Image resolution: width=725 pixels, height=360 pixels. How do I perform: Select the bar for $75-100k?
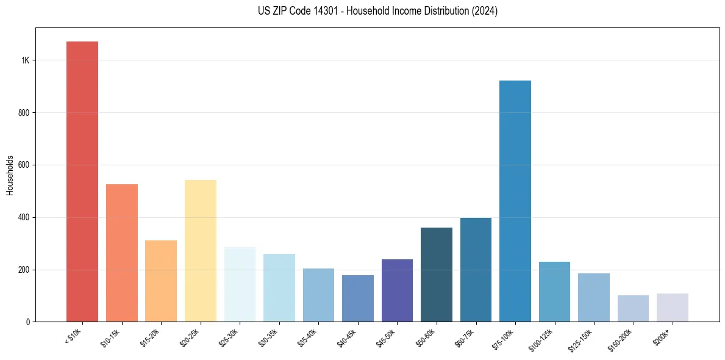tap(515, 201)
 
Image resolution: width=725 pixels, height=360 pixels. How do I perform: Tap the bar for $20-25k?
tap(201, 251)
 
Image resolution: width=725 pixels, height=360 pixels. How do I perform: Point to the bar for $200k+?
tap(673, 308)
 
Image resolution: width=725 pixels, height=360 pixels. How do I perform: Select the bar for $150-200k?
tap(633, 309)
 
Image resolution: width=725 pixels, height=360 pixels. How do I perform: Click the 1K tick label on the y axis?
tap(25, 60)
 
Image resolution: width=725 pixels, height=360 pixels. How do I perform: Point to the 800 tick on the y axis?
tap(24, 113)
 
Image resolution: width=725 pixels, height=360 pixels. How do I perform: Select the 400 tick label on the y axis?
tap(24, 217)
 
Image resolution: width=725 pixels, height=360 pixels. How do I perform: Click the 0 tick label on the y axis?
tap(27, 322)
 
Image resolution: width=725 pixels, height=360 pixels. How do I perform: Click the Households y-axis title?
tap(10, 175)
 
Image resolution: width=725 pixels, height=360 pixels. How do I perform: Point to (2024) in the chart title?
tap(485, 11)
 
